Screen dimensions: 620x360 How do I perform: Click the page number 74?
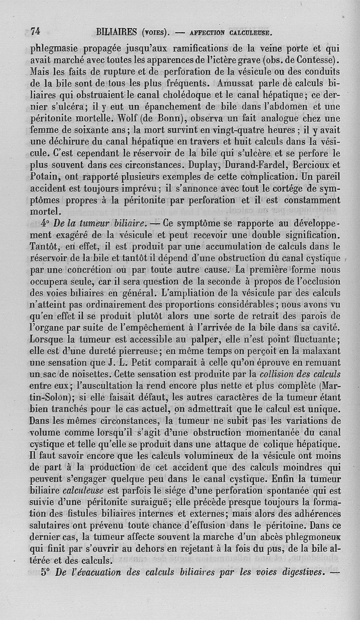(x=36, y=31)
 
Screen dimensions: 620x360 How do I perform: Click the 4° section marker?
(x=45, y=224)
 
